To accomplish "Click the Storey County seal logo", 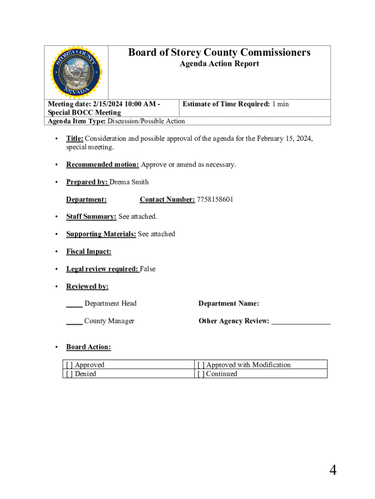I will (76, 72).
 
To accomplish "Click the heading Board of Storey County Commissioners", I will (219, 53).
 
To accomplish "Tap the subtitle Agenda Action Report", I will (219, 64).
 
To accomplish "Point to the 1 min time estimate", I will (280, 104).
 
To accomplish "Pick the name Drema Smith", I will (129, 182).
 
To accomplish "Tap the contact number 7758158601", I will (215, 199).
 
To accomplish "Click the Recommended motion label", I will (103, 164).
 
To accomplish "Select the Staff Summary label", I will (91, 216).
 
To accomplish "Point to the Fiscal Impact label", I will (89, 251).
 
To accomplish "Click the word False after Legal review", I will (148, 269).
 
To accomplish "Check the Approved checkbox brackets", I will (70, 365).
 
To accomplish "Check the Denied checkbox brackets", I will (70, 374).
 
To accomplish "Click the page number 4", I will (333, 470).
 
